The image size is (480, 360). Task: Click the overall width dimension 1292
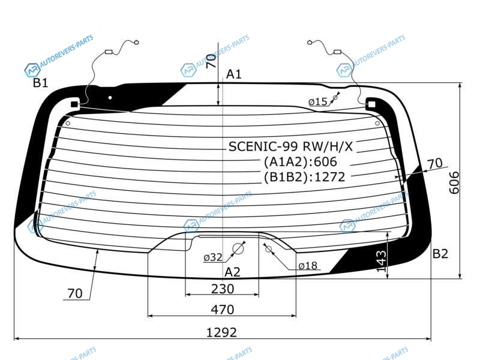221,332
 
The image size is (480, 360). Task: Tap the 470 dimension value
223,310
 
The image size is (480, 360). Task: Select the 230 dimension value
223,289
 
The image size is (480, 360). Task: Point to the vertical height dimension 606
454,183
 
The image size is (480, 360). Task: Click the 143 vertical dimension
381,261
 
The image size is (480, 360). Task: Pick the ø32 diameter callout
213,257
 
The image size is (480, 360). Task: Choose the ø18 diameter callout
308,265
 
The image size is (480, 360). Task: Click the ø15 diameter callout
318,101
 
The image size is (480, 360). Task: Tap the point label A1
234,74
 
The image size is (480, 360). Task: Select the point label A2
232,272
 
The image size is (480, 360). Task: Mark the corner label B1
41,83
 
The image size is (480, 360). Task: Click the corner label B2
440,253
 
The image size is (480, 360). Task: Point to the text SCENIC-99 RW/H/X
290,146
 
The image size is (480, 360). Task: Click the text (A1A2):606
301,161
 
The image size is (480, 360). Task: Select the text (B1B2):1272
305,177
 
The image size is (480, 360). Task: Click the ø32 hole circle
238,249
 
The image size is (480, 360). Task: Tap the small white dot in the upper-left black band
110,98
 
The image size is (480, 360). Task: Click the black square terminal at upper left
74,104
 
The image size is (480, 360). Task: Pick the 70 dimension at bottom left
75,293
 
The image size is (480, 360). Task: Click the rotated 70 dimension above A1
211,61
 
